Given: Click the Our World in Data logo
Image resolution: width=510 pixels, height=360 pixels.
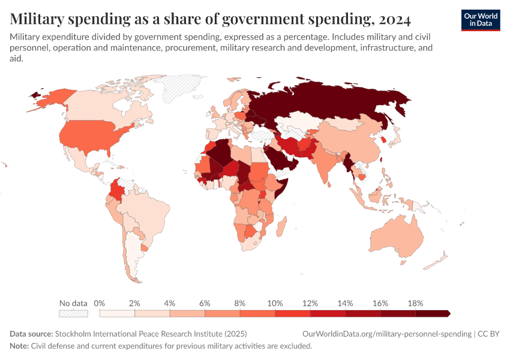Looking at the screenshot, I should coord(481,20).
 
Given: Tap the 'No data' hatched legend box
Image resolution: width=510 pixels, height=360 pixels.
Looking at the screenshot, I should coord(73,313).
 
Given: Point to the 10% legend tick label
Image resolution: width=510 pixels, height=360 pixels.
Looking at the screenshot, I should coord(275,303).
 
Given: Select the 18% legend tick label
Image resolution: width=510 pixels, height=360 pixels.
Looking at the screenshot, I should coord(415,303).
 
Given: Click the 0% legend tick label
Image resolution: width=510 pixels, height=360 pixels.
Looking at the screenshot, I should coord(100,303).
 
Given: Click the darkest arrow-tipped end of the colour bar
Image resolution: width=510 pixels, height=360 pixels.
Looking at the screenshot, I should coord(447,313).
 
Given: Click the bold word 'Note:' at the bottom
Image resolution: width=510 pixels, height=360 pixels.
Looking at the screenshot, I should coord(19,346).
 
